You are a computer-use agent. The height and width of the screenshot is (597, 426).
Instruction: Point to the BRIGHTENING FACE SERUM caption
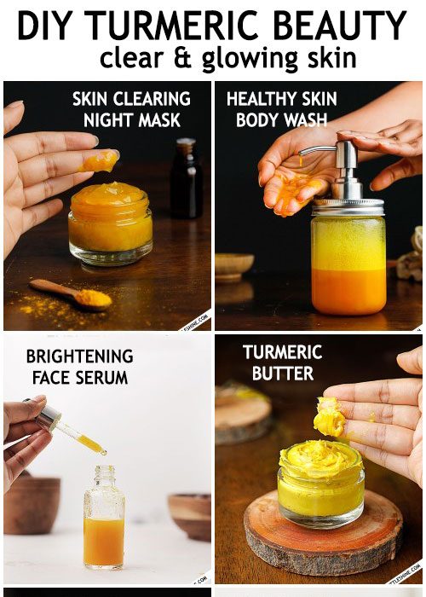click(x=79, y=367)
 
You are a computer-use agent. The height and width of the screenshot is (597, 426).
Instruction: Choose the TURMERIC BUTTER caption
click(x=282, y=362)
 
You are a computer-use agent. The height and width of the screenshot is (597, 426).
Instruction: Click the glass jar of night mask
click(x=111, y=224)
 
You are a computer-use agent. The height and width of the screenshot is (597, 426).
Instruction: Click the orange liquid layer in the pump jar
click(x=348, y=290)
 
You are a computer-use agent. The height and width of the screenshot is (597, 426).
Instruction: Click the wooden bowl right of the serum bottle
click(x=189, y=516)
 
